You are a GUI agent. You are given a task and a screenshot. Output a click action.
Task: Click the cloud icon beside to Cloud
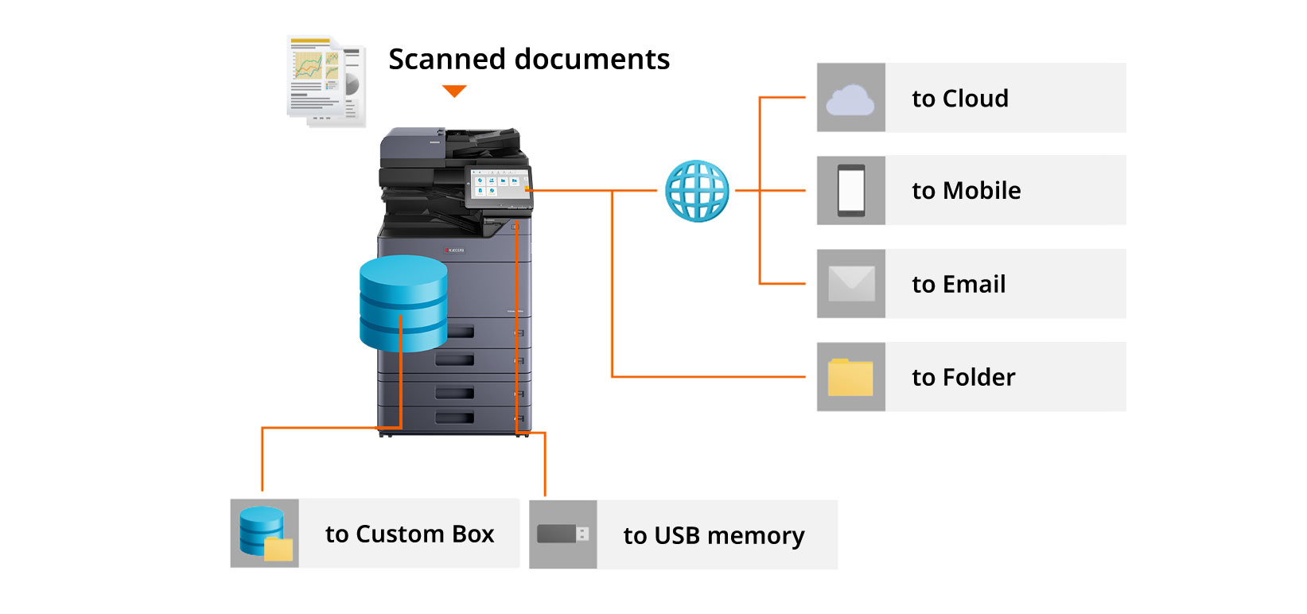tap(850, 99)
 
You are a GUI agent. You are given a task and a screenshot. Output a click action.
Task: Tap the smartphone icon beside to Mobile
tap(850, 191)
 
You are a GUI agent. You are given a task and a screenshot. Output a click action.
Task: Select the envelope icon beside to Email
tap(851, 284)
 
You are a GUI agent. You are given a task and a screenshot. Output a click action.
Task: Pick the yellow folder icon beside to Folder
tap(850, 377)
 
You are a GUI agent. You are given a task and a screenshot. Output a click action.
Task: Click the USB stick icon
tap(562, 534)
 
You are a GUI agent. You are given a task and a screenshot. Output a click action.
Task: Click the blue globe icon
tap(697, 191)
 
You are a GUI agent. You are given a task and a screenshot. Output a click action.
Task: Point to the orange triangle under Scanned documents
tap(454, 91)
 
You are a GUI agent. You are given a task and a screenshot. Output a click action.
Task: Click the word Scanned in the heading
tap(446, 60)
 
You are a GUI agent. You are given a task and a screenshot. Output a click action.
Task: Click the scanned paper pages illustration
tap(325, 81)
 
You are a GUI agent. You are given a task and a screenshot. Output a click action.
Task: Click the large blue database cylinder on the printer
tap(403, 303)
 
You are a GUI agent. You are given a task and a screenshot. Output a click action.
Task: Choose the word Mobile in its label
tap(982, 191)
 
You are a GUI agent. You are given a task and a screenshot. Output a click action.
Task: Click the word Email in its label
tap(974, 284)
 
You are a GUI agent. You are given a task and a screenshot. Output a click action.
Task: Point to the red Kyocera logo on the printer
tap(454, 251)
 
